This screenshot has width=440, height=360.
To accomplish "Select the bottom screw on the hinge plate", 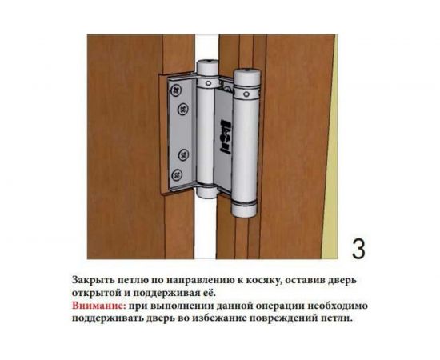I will point(177,174).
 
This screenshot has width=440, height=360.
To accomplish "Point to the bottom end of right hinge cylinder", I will point(242,212).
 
